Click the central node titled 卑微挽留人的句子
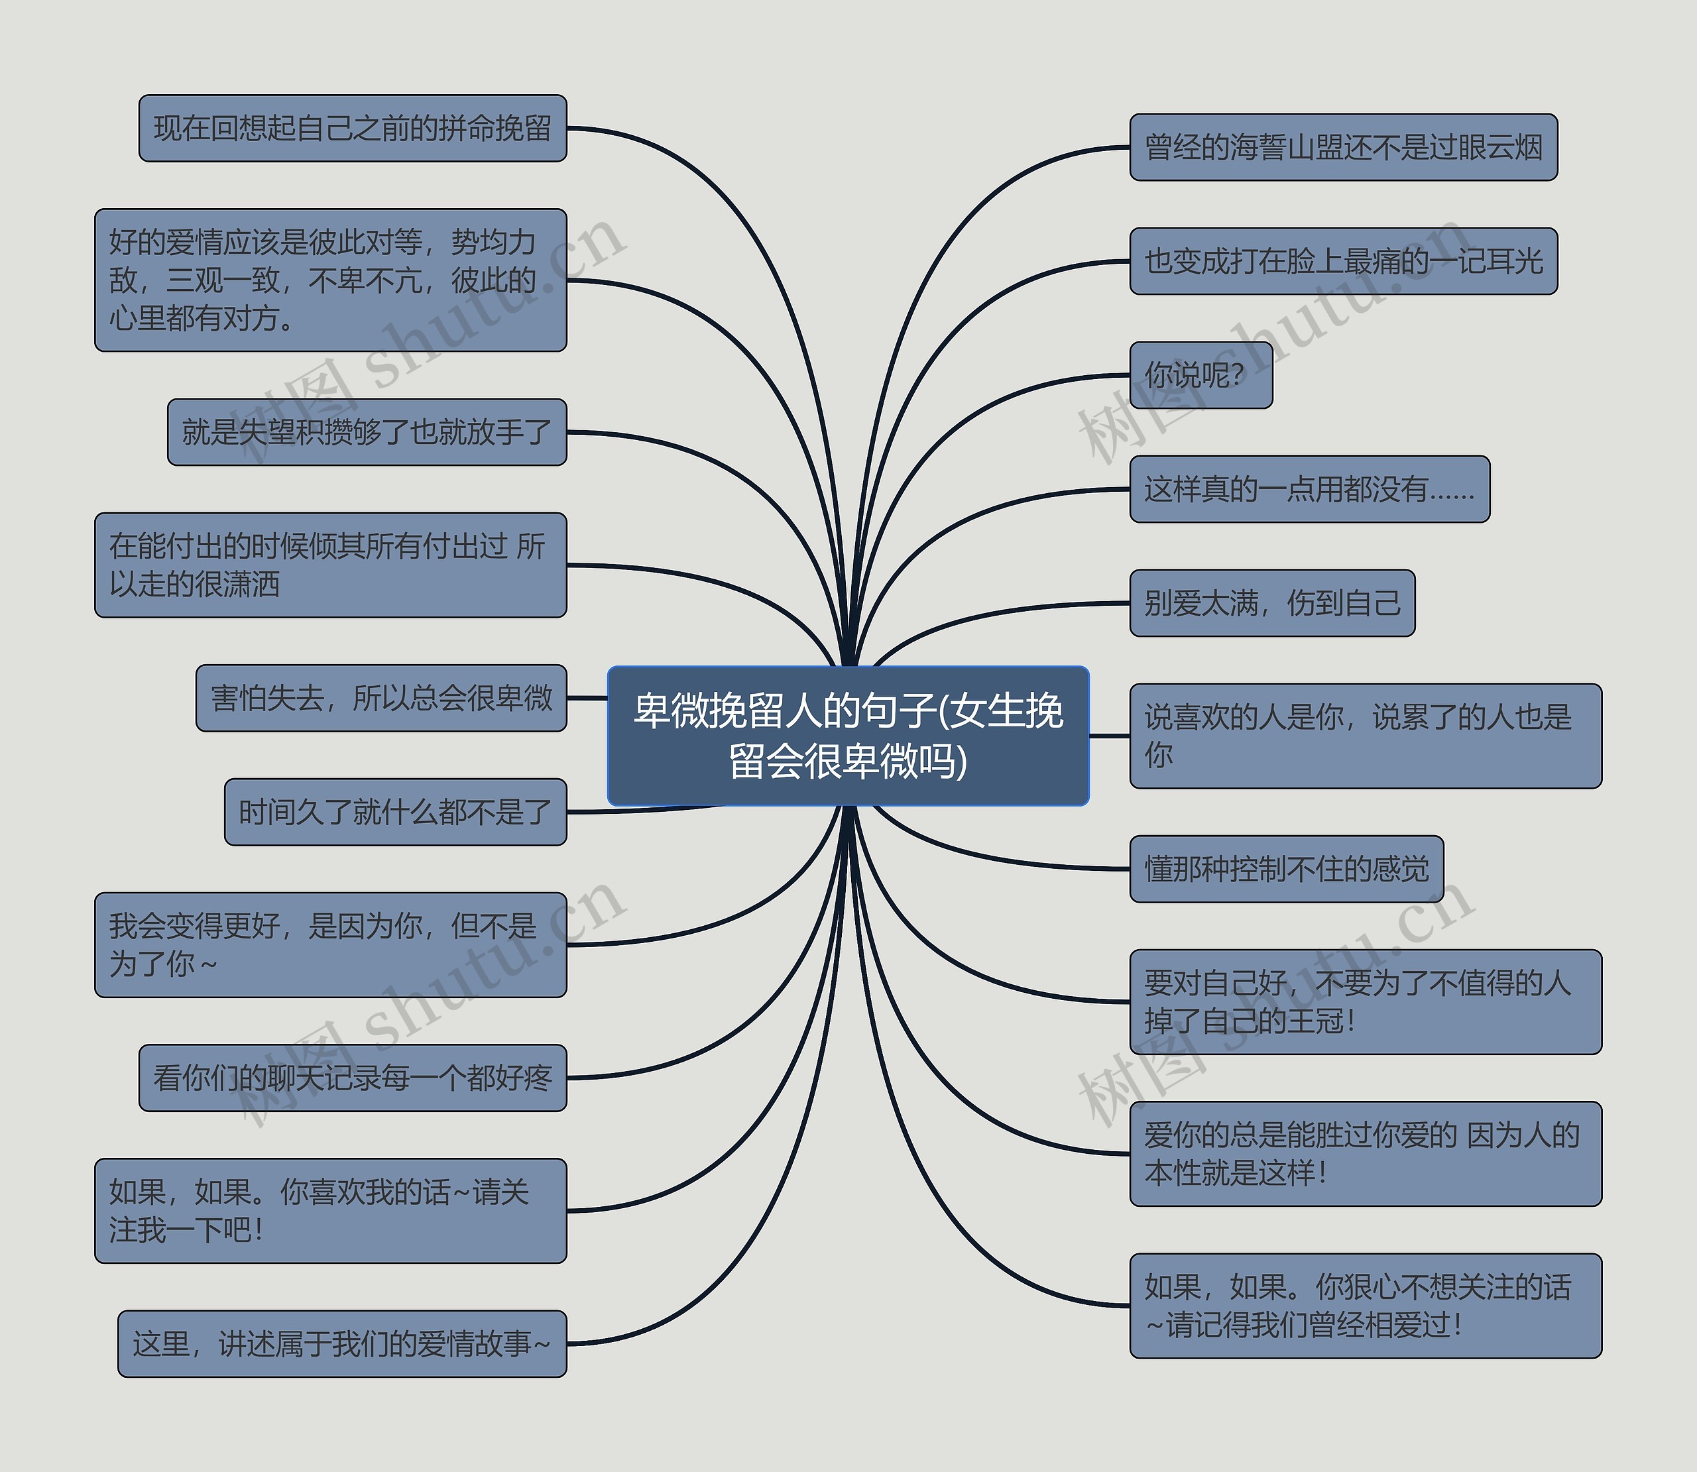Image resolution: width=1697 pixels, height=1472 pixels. click(x=848, y=735)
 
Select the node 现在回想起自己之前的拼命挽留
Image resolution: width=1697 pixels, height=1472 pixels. click(x=353, y=128)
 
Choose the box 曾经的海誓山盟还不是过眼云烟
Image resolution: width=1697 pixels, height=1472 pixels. click(x=1343, y=148)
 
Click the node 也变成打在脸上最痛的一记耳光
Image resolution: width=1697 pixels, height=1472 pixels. click(x=1343, y=261)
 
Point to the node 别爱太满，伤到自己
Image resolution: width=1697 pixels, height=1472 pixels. click(x=1271, y=603)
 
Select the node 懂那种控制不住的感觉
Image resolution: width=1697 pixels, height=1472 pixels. click(x=1286, y=869)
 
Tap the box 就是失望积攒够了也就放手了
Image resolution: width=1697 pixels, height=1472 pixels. click(x=367, y=432)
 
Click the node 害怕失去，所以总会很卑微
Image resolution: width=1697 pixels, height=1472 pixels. click(x=381, y=698)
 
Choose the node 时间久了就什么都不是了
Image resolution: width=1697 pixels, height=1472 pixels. click(x=395, y=813)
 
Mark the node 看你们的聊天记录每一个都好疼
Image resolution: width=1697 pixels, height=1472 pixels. click(x=353, y=1078)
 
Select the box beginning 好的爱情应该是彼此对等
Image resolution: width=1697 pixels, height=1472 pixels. click(x=330, y=280)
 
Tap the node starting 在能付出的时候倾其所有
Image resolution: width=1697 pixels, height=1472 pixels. click(x=330, y=565)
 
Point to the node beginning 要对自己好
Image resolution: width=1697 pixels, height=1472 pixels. click(x=1365, y=1002)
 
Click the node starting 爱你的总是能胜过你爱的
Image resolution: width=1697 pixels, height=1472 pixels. click(x=1365, y=1154)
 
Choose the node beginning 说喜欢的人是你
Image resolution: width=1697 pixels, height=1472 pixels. click(x=1365, y=736)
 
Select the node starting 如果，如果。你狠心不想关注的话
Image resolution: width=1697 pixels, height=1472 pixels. click(x=1365, y=1306)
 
